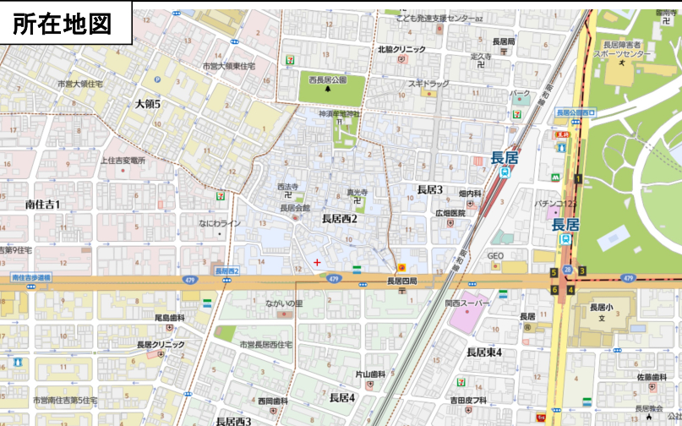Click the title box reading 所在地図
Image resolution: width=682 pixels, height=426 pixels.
pyautogui.click(x=67, y=23)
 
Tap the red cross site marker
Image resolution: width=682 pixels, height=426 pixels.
pyautogui.click(x=317, y=262)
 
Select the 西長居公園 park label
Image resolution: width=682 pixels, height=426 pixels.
pyautogui.click(x=327, y=80)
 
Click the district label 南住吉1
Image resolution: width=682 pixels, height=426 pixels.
pyautogui.click(x=42, y=204)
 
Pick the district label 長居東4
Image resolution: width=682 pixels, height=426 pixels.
pyautogui.click(x=484, y=352)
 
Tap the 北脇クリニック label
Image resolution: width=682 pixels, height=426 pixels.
pyautogui.click(x=401, y=50)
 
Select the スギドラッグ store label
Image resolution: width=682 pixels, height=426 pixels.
pyautogui.click(x=428, y=84)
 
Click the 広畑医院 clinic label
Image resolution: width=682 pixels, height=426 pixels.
pyautogui.click(x=450, y=213)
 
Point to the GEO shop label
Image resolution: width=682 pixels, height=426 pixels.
pyautogui.click(x=495, y=256)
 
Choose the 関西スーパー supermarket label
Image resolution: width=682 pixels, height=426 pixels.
pyautogui.click(x=467, y=302)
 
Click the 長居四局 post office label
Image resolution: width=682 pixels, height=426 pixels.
pyautogui.click(x=402, y=281)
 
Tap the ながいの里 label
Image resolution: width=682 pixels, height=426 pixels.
pyautogui.click(x=284, y=303)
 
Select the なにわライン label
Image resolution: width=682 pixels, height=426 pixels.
pyautogui.click(x=221, y=223)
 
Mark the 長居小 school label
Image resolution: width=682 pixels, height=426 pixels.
pyautogui.click(x=602, y=307)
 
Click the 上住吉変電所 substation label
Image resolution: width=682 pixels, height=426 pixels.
pyautogui.click(x=123, y=160)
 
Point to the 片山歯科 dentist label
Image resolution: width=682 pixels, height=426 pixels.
pyautogui.click(x=369, y=374)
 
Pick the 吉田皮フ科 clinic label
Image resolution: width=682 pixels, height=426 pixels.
pyautogui.click(x=467, y=400)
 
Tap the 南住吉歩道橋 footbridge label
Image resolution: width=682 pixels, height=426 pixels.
pyautogui.click(x=31, y=277)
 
